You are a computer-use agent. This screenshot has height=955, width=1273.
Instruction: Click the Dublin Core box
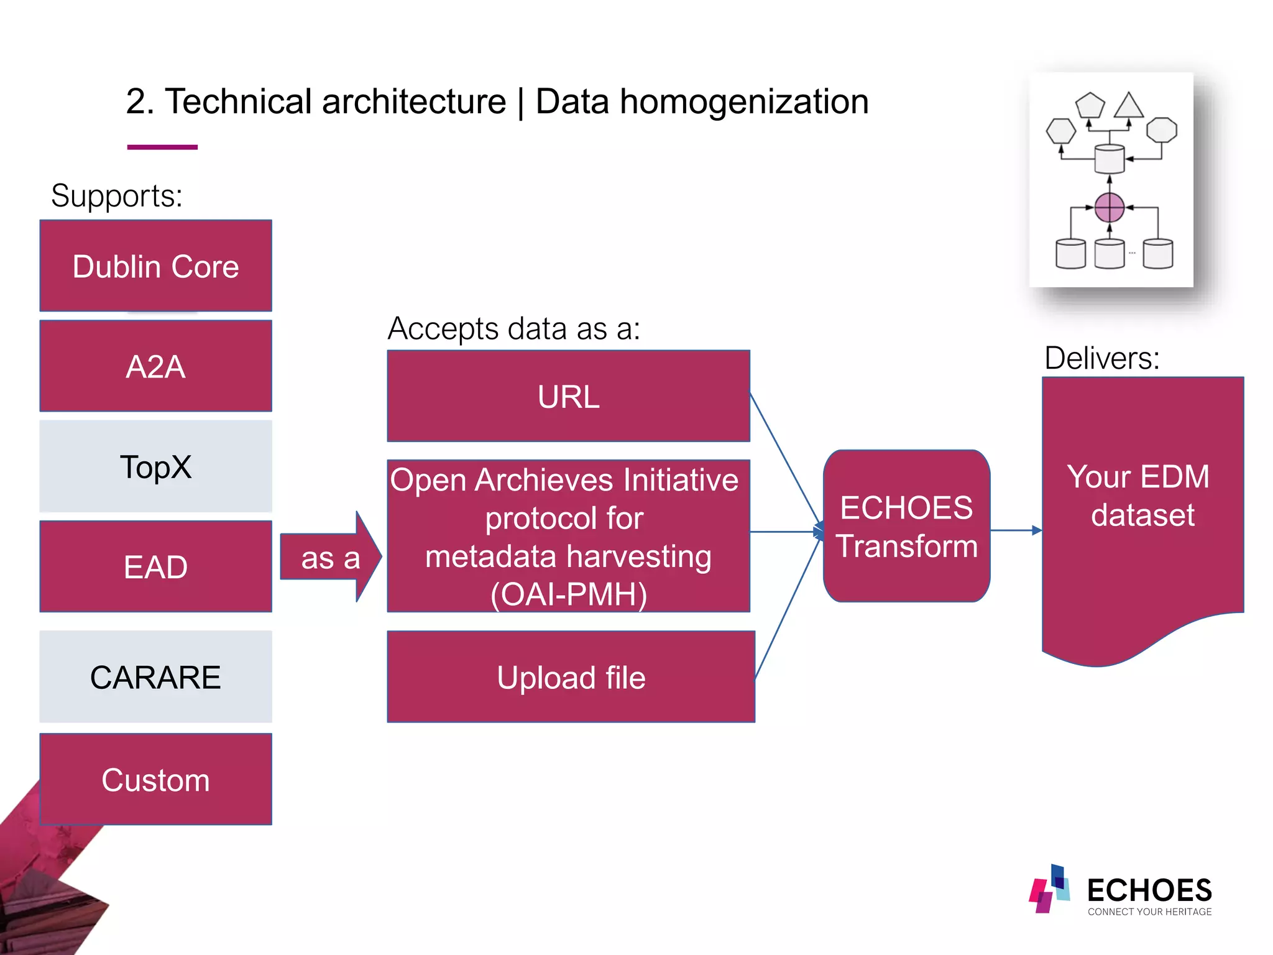pyautogui.click(x=155, y=266)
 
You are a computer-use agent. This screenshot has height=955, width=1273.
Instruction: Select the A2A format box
pyautogui.click(x=155, y=366)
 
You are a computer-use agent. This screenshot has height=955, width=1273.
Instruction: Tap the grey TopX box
pyautogui.click(x=155, y=466)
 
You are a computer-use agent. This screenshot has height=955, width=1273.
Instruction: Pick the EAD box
pyautogui.click(x=155, y=566)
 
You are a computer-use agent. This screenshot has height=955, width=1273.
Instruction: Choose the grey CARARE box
pyautogui.click(x=155, y=676)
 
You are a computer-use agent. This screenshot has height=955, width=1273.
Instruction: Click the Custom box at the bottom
pyautogui.click(x=155, y=779)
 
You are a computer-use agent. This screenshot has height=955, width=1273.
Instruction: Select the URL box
pyautogui.click(x=568, y=396)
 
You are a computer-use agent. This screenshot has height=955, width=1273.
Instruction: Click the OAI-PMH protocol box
pyautogui.click(x=568, y=536)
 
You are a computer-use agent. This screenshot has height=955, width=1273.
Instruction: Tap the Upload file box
pyautogui.click(x=571, y=677)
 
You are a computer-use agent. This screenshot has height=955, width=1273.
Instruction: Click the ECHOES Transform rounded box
pyautogui.click(x=906, y=526)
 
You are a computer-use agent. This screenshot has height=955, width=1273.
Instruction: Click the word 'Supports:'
pyautogui.click(x=117, y=196)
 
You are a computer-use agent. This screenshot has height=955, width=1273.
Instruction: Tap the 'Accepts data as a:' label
pyautogui.click(x=513, y=328)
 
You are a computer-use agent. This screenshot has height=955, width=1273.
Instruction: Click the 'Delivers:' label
pyautogui.click(x=1101, y=358)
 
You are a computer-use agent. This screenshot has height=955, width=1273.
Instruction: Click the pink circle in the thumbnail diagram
pyautogui.click(x=1109, y=208)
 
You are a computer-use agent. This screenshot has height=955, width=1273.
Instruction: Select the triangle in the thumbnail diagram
pyautogui.click(x=1129, y=106)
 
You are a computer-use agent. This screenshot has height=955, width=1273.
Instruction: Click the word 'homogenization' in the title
pyautogui.click(x=744, y=102)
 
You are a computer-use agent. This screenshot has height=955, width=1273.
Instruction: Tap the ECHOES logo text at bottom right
pyautogui.click(x=1149, y=890)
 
